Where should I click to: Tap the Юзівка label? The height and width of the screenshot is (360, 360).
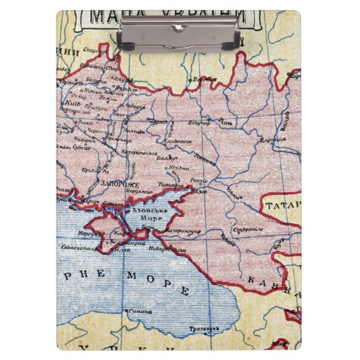(179, 167)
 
